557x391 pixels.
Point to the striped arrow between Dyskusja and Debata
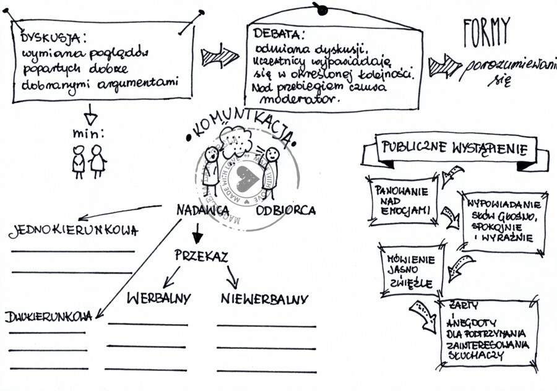tap(220, 58)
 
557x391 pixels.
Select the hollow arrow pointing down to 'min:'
tap(90, 114)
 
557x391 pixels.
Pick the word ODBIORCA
tap(286, 210)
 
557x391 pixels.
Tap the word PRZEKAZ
tap(201, 256)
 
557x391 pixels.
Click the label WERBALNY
tap(159, 298)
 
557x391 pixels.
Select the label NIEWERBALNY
tap(264, 299)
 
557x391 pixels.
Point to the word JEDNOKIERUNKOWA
tap(73, 231)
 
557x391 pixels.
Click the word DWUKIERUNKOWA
tap(49, 317)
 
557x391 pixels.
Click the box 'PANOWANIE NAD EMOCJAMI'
tap(402, 200)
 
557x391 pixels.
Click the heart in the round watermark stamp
tap(248, 179)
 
